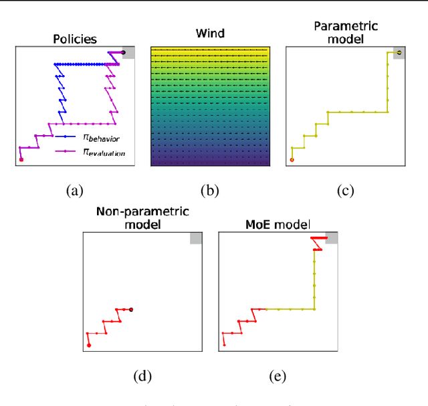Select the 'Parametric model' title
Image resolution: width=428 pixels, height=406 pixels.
pyautogui.click(x=346, y=33)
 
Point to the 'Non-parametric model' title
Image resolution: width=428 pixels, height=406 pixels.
pyautogui.click(x=142, y=218)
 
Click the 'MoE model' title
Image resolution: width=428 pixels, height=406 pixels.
pyautogui.click(x=278, y=224)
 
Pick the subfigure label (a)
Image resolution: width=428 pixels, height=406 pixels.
pyautogui.click(x=74, y=191)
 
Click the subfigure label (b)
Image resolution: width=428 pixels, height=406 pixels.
pyautogui.click(x=210, y=191)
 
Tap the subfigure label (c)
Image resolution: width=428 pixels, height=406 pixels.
pyautogui.click(x=345, y=191)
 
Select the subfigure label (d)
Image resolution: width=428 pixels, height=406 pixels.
pyautogui.click(x=142, y=376)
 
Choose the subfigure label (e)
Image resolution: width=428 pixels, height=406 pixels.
pyautogui.click(x=277, y=376)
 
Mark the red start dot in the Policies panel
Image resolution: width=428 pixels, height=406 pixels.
pyautogui.click(x=21, y=159)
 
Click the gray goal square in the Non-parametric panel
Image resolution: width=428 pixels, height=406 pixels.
pyautogui.click(x=196, y=238)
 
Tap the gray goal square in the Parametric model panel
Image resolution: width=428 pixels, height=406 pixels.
pyautogui.click(x=399, y=53)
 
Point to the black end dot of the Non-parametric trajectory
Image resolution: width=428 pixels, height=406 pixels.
pyautogui.click(x=132, y=309)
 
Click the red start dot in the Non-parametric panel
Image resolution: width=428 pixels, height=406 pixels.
pyautogui.click(x=89, y=345)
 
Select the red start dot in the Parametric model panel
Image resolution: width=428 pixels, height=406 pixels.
pyautogui.click(x=292, y=160)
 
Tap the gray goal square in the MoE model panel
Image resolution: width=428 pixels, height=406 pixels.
pyautogui.click(x=331, y=238)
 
